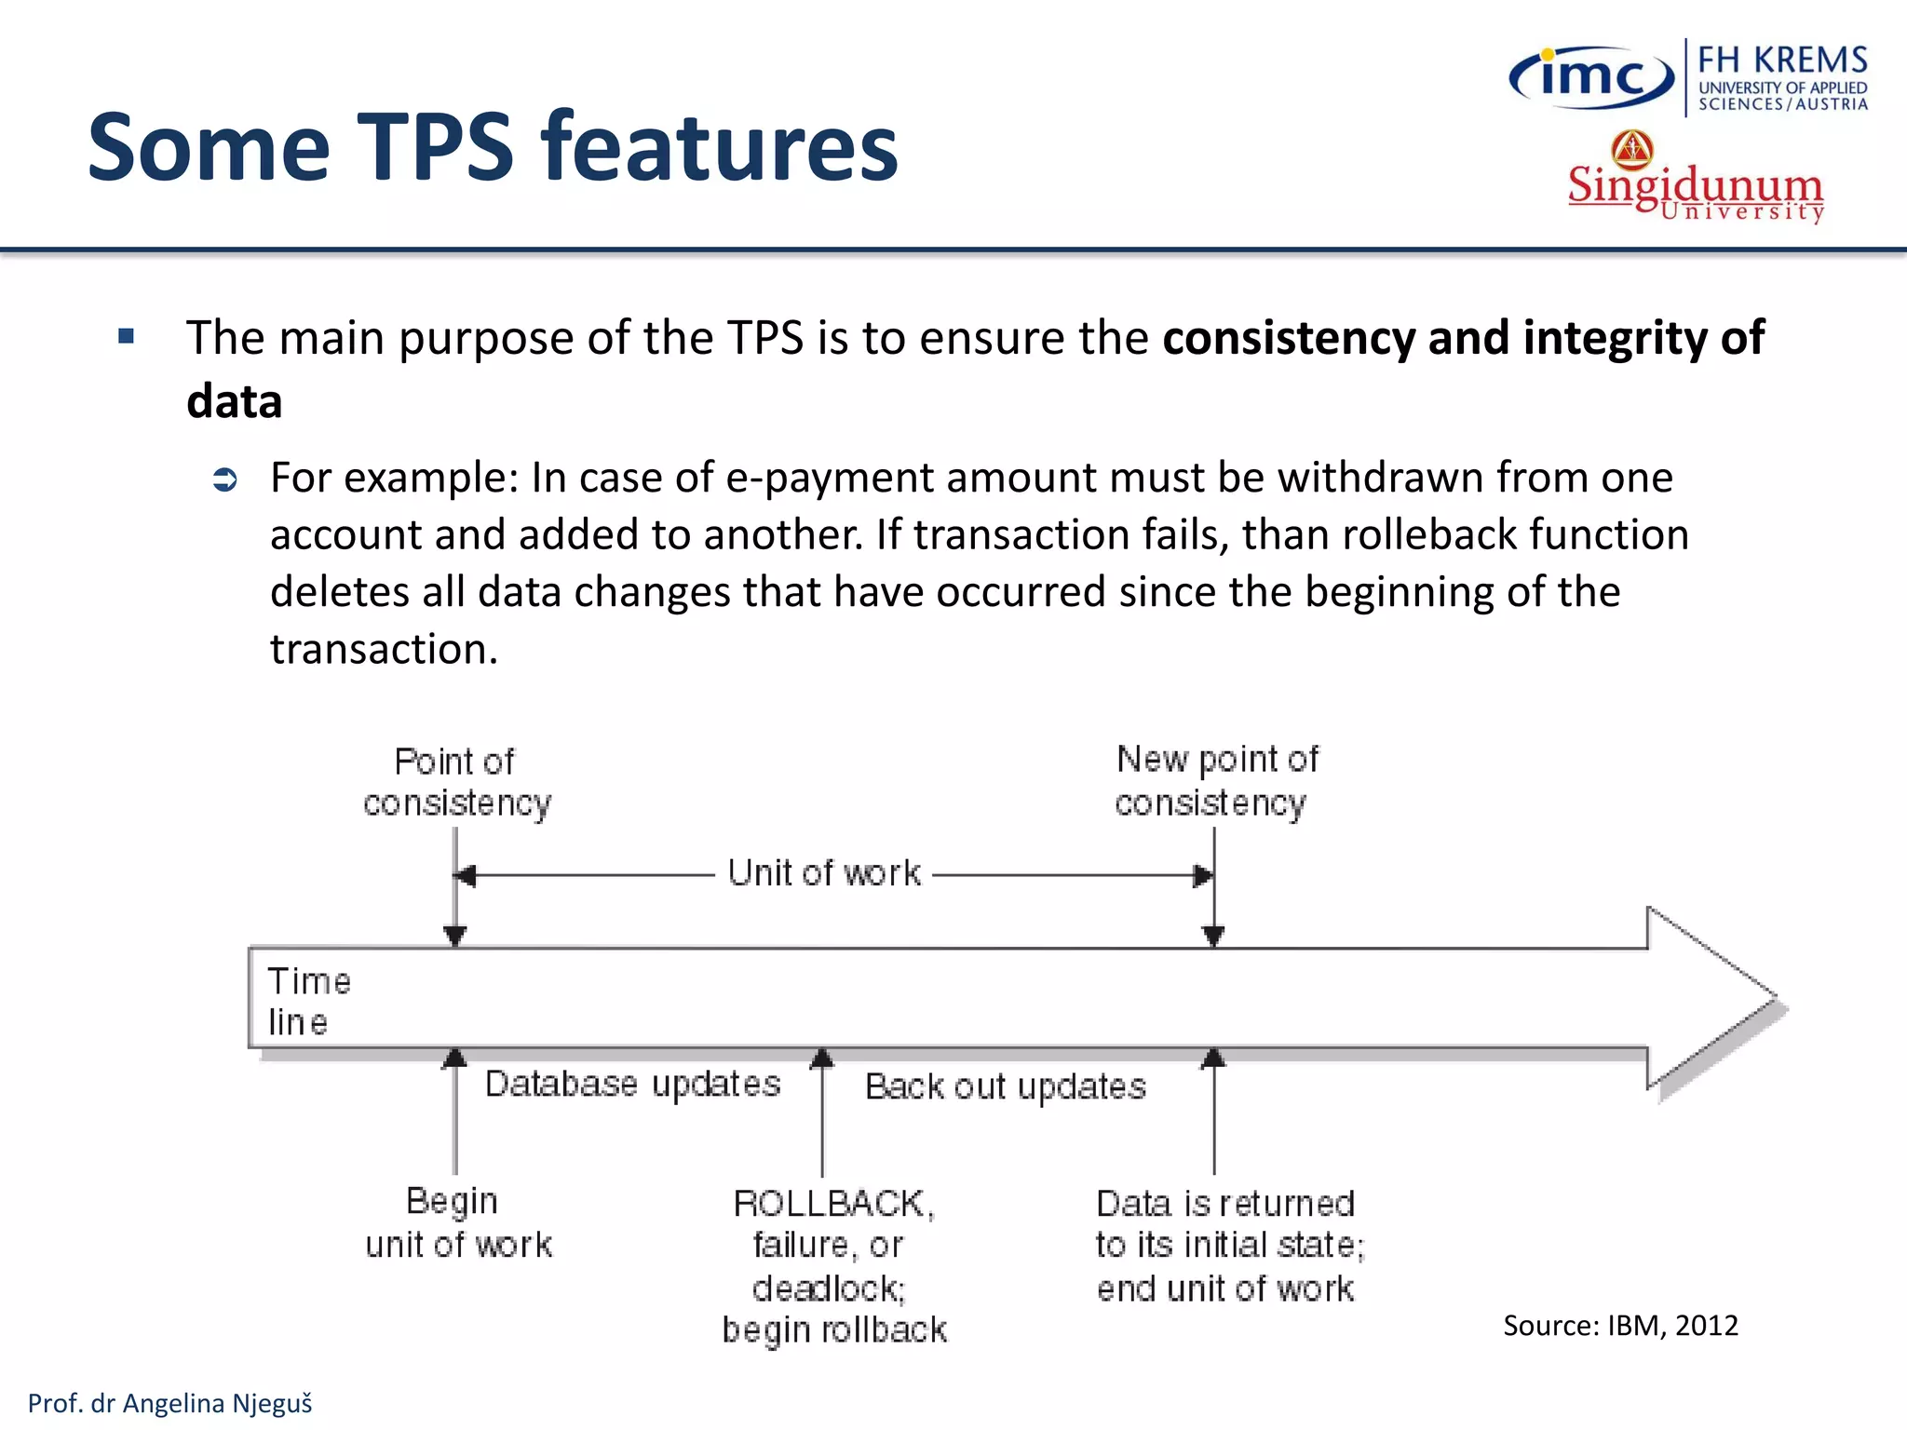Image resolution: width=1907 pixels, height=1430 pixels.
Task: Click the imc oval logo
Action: pos(1591,77)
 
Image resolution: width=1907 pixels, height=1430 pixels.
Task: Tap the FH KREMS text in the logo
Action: pos(1782,61)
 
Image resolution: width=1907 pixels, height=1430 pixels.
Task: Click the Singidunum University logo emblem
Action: pos(1632,149)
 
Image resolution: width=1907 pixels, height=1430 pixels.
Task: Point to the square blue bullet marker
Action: pos(127,336)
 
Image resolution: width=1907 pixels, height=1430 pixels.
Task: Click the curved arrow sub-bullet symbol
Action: pos(225,480)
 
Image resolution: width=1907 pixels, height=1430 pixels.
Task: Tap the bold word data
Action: pos(234,402)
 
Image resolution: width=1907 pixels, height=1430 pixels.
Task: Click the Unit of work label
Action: pos(824,873)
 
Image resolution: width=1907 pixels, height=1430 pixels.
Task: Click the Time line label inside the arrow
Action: pos(308,1002)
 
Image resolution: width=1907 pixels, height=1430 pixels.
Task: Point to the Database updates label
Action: pos(632,1084)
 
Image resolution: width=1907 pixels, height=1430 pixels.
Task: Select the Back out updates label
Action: pos(1005,1086)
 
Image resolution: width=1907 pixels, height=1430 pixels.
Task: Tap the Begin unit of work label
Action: pos(457,1222)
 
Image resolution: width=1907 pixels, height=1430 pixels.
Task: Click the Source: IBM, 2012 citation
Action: pos(1620,1325)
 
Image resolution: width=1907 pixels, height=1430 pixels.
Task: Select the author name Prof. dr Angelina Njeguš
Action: pos(170,1403)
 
